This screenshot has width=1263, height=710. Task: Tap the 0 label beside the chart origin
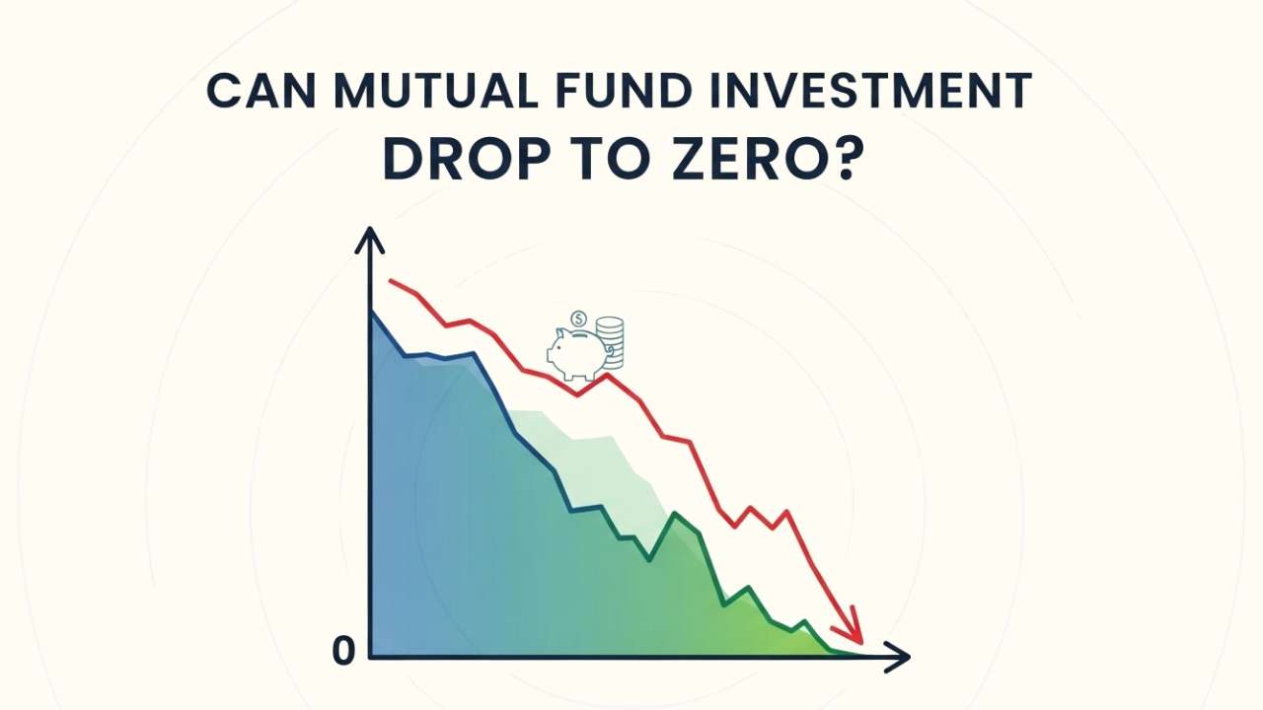[x=342, y=651]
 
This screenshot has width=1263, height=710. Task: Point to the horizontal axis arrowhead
[x=896, y=656]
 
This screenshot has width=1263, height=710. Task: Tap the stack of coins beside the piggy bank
[x=612, y=343]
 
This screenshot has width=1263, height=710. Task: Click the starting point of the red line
[x=391, y=281]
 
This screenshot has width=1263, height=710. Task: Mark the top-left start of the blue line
[x=371, y=313]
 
